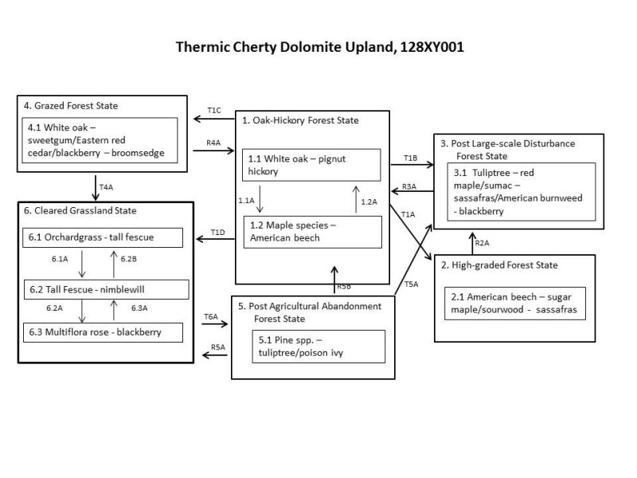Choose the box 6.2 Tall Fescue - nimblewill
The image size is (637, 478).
click(106, 288)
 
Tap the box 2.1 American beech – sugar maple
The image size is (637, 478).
click(514, 304)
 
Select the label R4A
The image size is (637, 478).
click(213, 143)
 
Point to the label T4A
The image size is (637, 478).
click(105, 186)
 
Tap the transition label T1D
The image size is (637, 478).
click(217, 232)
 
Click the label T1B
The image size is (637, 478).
click(410, 158)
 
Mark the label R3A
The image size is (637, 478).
click(409, 186)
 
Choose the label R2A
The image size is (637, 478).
click(482, 243)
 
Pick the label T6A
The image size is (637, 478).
click(210, 316)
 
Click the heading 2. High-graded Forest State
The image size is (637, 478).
click(500, 265)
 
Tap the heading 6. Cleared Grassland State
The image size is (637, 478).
click(80, 211)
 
